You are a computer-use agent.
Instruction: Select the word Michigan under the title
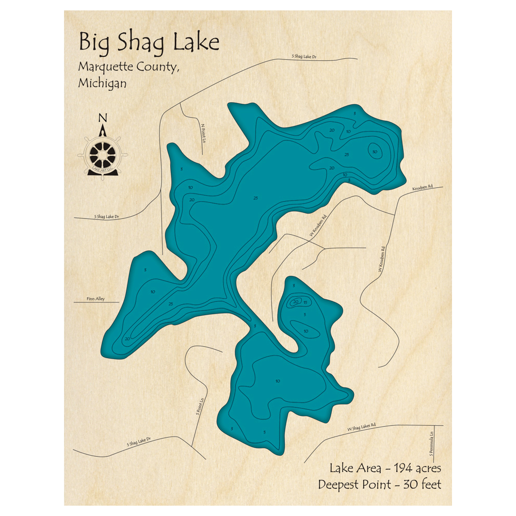pos(102,83)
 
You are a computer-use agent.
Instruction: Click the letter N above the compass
pos(103,118)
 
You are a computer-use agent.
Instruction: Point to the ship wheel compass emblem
pos(103,153)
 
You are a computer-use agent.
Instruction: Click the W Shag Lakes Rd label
pos(362,427)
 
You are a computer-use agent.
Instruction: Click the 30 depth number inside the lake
pos(375,151)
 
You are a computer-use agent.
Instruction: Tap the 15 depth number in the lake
pos(305,302)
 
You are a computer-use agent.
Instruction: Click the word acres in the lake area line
pos(426,469)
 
